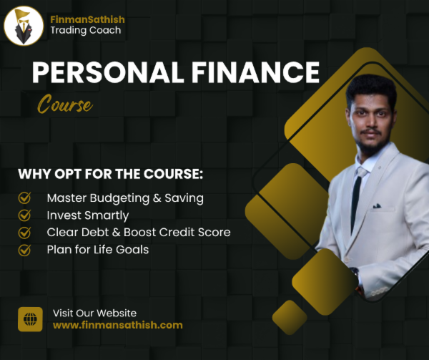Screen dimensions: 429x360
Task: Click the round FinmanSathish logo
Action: tap(24, 26)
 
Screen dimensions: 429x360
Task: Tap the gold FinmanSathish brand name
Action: tap(87, 19)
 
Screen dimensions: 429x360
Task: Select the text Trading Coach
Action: tap(86, 30)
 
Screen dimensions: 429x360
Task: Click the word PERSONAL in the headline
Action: tap(108, 72)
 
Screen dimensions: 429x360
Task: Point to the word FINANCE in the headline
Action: tap(255, 72)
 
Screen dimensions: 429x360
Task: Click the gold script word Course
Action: tap(65, 104)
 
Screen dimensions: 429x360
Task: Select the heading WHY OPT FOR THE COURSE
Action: tap(111, 174)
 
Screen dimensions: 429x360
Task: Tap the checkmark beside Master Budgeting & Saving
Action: tap(24, 198)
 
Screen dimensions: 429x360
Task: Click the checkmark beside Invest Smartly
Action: tap(24, 215)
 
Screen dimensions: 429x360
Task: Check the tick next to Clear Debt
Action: tap(24, 233)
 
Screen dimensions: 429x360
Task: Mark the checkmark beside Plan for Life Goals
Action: tap(24, 250)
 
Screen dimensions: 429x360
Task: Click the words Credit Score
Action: tap(194, 232)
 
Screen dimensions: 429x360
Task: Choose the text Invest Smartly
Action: tap(87, 215)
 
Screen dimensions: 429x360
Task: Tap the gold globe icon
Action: tap(30, 319)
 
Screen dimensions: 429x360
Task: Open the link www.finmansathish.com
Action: tap(118, 325)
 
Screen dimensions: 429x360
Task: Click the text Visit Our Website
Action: tap(94, 313)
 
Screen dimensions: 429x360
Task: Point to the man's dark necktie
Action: tap(356, 203)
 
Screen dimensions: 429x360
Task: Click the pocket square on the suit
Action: tap(377, 205)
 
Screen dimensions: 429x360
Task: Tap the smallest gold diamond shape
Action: tap(290, 317)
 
